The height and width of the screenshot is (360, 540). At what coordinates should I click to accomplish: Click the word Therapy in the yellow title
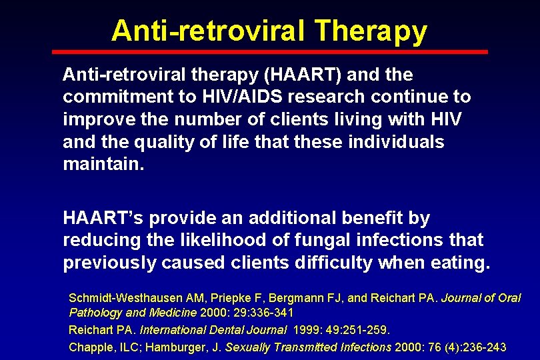click(x=371, y=31)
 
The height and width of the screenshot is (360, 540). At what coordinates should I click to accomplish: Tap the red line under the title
click(x=270, y=51)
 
